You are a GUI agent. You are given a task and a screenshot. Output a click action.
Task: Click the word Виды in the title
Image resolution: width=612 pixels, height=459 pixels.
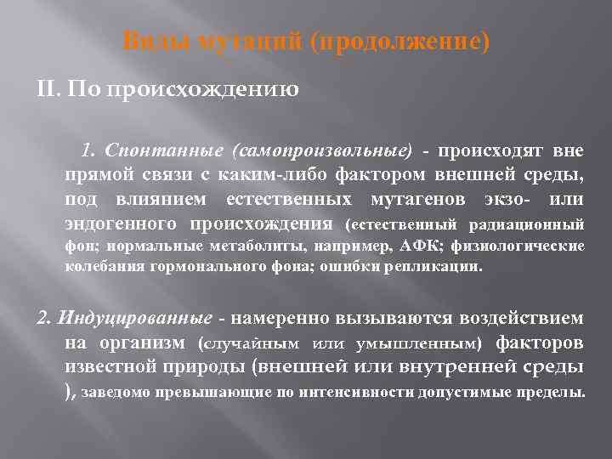point(146,41)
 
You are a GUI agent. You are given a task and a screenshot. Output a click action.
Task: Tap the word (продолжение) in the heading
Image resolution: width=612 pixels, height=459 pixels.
point(400,41)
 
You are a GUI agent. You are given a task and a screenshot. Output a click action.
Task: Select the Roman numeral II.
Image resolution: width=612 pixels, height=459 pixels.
point(48,88)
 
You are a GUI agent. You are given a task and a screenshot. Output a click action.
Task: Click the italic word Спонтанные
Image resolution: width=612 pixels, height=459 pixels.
point(162,151)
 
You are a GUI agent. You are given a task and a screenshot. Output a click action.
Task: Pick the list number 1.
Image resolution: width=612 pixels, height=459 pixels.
point(88,151)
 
